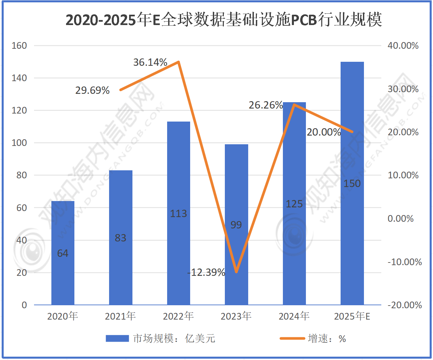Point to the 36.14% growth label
coord(150,62)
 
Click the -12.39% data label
coord(206,273)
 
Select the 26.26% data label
coord(266,105)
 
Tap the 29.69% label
coord(92,91)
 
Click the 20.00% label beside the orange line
coord(324,132)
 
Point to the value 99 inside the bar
coord(236,225)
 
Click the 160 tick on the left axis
coord(19,46)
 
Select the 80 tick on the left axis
coord(22,175)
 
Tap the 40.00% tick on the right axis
coord(403,46)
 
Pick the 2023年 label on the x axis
coord(236,316)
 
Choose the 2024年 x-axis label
coord(294,316)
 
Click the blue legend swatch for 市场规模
coord(117,339)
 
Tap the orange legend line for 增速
coord(292,339)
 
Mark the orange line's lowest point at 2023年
coord(237,272)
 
